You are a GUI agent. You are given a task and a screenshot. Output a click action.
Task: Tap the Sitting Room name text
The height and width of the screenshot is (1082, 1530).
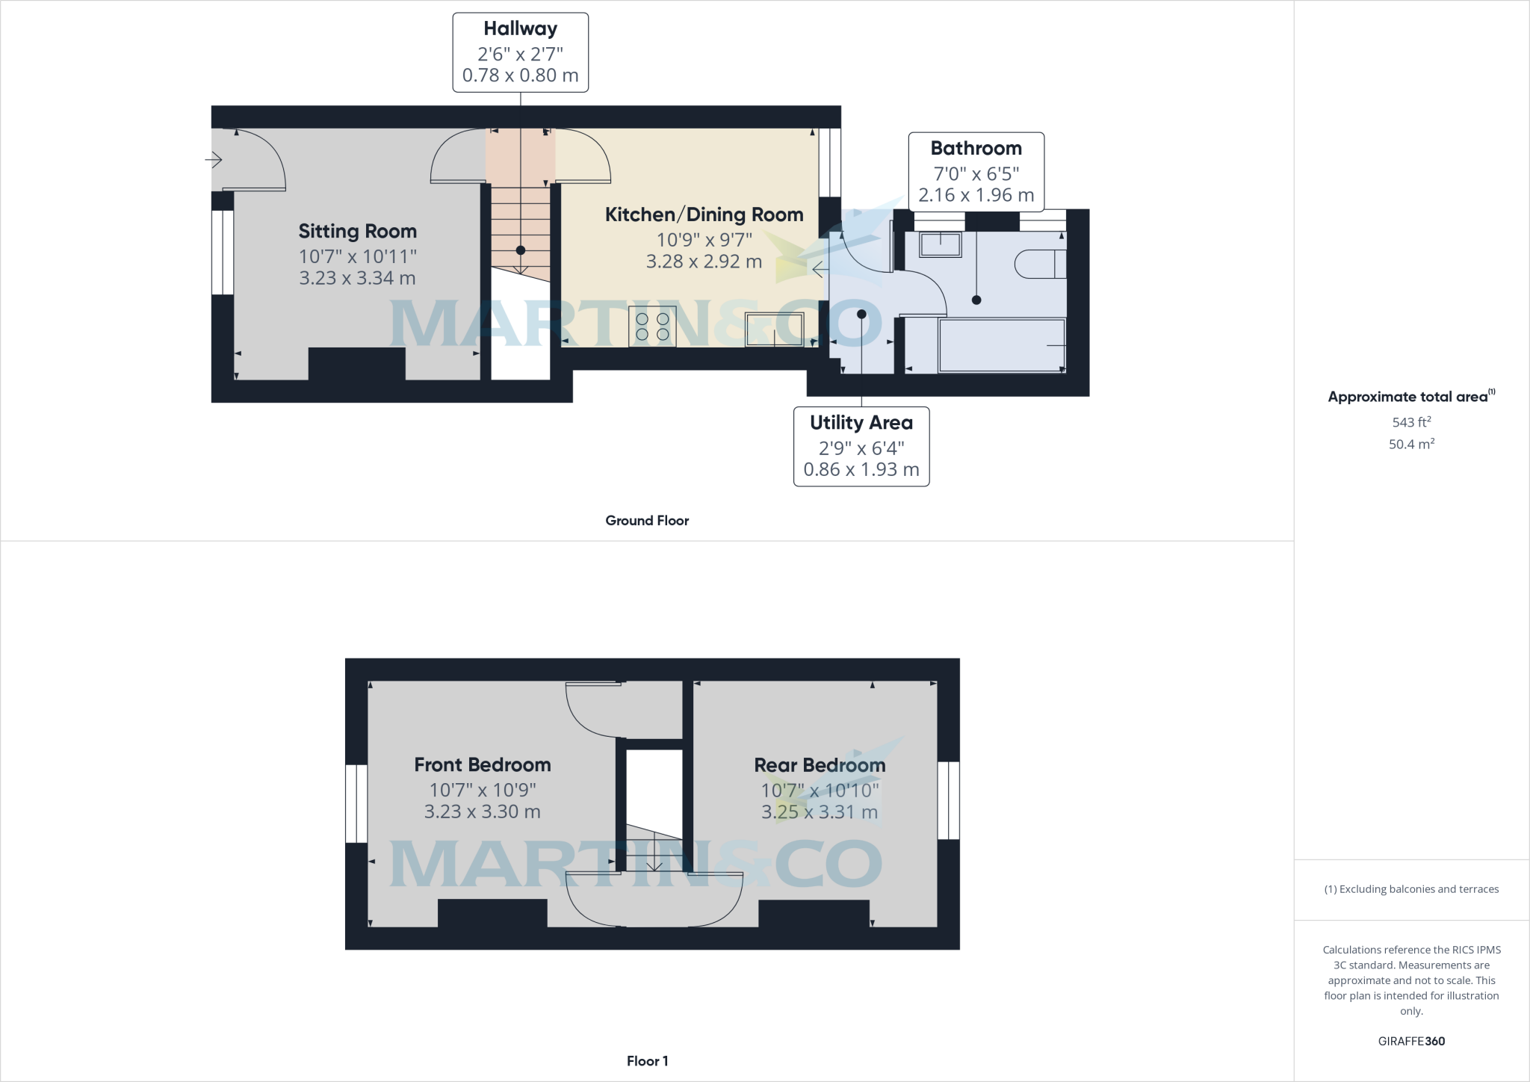coord(357,231)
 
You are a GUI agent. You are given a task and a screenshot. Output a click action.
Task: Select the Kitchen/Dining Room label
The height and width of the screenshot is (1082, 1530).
coord(704,214)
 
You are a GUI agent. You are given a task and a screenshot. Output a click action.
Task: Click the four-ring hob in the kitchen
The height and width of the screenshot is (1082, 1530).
coord(652,327)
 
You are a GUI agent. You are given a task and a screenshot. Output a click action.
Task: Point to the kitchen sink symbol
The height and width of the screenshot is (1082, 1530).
coord(774,330)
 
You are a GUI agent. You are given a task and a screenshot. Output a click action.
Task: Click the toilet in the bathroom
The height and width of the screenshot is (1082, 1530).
coord(1039,264)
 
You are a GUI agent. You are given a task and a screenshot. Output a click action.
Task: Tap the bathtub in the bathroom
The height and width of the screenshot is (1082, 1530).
coord(1001,345)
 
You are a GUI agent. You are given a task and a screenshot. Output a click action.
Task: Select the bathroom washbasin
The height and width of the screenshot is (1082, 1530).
coord(940,244)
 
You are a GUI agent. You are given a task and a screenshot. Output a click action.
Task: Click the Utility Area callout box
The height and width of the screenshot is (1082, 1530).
coord(861,446)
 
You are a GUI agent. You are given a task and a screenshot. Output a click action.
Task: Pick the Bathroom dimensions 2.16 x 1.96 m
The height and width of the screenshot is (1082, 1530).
coord(976,195)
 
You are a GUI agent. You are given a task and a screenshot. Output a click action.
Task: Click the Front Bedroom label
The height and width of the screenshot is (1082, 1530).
coord(482,764)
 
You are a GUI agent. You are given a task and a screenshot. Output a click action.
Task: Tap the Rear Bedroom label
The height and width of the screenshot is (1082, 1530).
coord(820,765)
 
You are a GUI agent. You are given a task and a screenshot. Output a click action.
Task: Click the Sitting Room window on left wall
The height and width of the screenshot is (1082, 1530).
coord(222,253)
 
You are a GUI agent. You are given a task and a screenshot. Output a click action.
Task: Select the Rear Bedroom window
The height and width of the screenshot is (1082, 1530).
coord(948,800)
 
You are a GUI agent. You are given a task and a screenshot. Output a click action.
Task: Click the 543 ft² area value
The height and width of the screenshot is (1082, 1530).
coord(1411,421)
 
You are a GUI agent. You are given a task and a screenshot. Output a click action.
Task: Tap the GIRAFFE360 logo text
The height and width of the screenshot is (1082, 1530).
coord(1411,1041)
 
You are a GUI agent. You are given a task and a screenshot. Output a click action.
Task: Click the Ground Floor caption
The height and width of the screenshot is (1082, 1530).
coord(647,521)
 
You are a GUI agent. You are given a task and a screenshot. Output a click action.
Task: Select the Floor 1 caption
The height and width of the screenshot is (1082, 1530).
coord(647,1061)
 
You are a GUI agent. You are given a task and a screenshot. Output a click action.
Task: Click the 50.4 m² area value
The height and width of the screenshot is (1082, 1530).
coord(1411,444)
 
